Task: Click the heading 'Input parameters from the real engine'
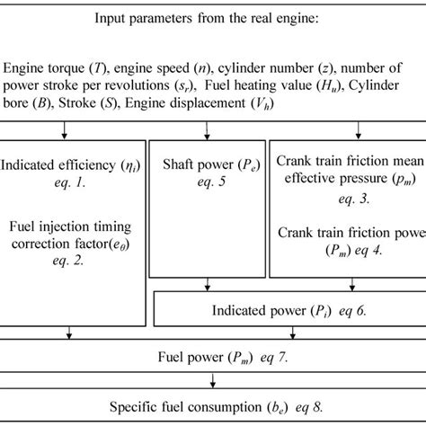[212, 20]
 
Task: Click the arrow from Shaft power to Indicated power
[208, 286]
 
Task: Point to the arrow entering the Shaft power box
[208, 134]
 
